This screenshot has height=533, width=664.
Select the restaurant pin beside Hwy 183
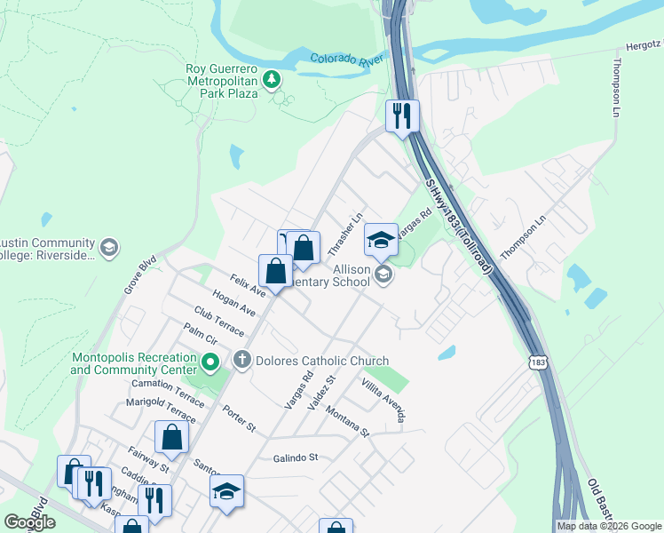pos(402,116)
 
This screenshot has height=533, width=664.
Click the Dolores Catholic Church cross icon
pos(241,361)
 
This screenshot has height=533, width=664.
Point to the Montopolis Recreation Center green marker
pos(210,362)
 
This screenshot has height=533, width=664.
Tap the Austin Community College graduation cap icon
pos(109,248)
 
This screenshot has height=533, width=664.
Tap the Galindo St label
pos(296,457)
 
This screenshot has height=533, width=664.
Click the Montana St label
pos(346,421)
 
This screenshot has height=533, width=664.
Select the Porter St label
pos(239,419)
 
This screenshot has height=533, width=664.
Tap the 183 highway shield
pos(536,362)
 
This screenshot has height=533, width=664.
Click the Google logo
pos(29,521)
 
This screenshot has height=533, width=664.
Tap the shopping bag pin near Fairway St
pos(171,437)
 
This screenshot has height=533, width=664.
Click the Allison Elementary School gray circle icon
pos(383,274)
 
